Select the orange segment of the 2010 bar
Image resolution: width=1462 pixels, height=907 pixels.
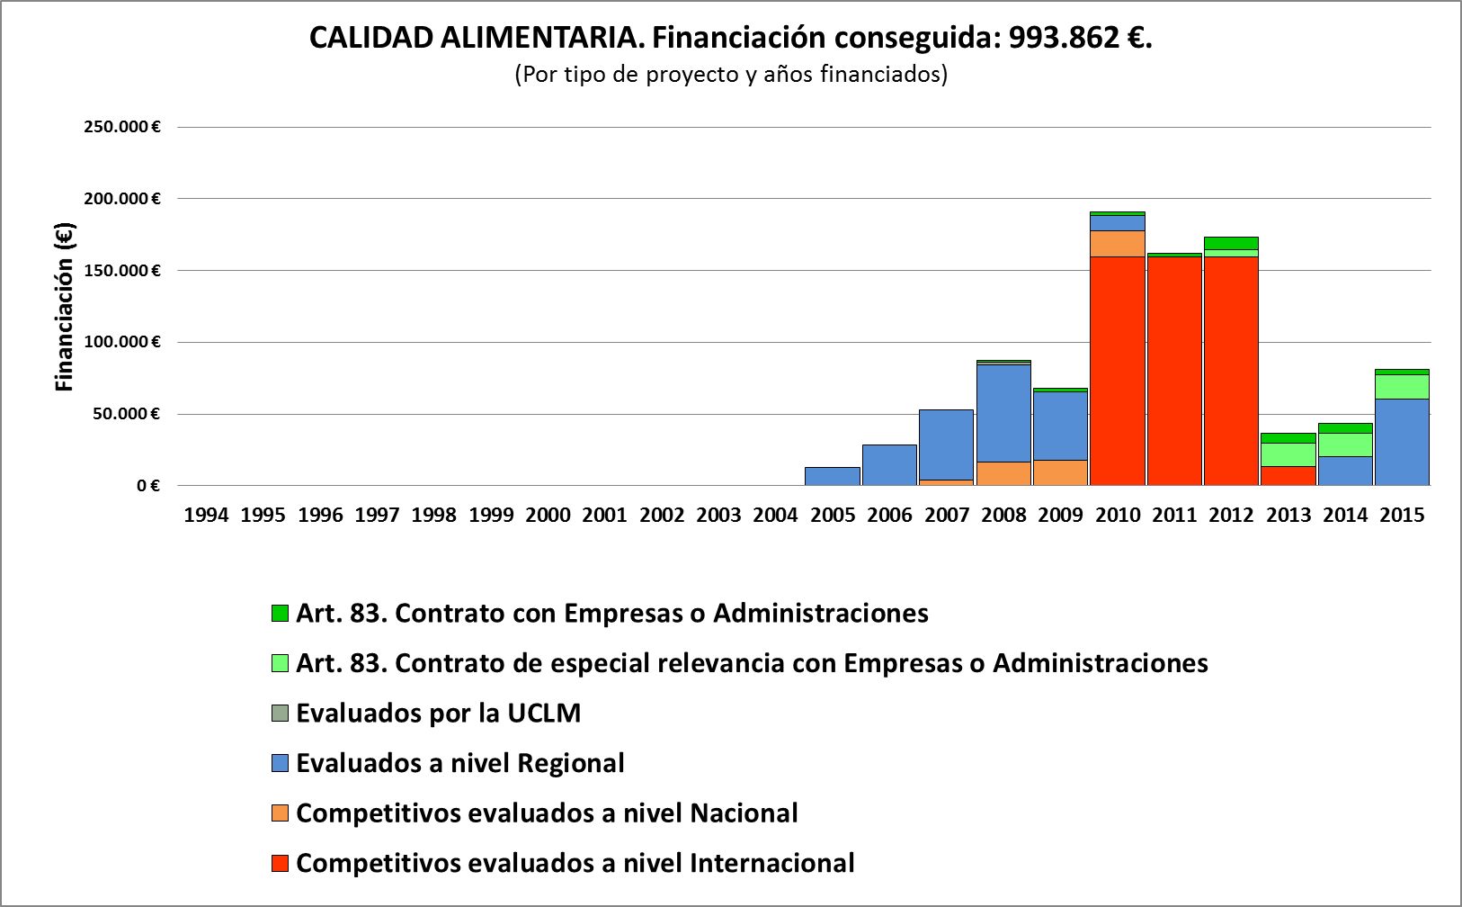pyautogui.click(x=1117, y=244)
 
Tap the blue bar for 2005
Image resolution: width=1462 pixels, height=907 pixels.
pyautogui.click(x=833, y=476)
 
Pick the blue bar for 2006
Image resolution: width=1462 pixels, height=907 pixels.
pyautogui.click(x=889, y=465)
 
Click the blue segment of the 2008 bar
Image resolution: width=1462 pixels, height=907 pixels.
pyautogui.click(x=1003, y=413)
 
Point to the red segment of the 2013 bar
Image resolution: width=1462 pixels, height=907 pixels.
pyautogui.click(x=1288, y=475)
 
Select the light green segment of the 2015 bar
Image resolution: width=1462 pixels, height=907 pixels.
pyautogui.click(x=1402, y=387)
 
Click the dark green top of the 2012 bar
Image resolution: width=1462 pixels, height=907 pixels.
pyautogui.click(x=1231, y=243)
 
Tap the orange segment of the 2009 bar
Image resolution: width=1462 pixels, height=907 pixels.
pyautogui.click(x=1060, y=472)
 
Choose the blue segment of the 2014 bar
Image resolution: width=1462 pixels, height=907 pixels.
pyautogui.click(x=1345, y=471)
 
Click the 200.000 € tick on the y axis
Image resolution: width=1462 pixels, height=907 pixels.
pyautogui.click(x=122, y=199)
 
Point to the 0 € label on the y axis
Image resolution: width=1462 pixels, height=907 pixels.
pyautogui.click(x=148, y=486)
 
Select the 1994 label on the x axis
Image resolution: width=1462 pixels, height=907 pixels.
pyautogui.click(x=206, y=516)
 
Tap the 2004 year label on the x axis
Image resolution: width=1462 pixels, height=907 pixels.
pyautogui.click(x=775, y=516)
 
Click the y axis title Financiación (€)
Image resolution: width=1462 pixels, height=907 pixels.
pyautogui.click(x=65, y=307)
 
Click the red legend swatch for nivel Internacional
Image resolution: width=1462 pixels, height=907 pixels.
pyautogui.click(x=280, y=864)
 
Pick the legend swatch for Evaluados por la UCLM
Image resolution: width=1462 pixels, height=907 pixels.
pyautogui.click(x=280, y=714)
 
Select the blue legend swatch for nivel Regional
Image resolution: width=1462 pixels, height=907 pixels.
pyautogui.click(x=280, y=764)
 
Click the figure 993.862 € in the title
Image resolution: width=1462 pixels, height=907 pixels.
pyautogui.click(x=1077, y=38)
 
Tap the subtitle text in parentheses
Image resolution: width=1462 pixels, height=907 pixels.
pyautogui.click(x=730, y=75)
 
